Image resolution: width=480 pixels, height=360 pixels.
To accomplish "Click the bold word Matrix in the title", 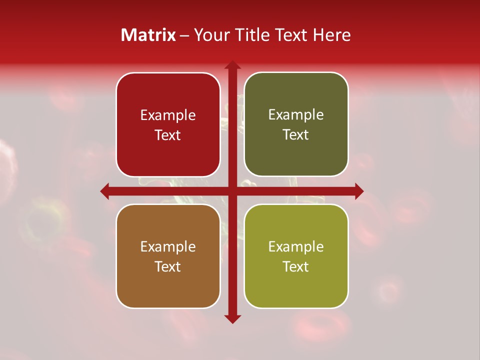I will [148, 35].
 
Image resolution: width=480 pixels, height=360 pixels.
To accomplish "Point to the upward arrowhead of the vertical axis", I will [232, 65].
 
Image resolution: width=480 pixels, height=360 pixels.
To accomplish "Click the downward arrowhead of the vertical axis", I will [232, 318].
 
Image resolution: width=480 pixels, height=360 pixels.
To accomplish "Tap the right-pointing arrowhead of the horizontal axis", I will [358, 191].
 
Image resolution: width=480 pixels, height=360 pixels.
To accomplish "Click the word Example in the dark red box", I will [168, 115].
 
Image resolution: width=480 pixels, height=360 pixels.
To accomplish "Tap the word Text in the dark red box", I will [168, 135].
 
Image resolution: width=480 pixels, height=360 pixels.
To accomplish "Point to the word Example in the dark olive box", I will [296, 115].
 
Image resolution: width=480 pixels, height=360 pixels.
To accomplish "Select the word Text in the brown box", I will [168, 267].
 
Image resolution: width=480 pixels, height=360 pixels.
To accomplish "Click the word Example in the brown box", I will [168, 247].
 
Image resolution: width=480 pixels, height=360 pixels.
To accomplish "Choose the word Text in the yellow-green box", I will [296, 267].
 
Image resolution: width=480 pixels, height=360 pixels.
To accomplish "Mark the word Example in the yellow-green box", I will [296, 247].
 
